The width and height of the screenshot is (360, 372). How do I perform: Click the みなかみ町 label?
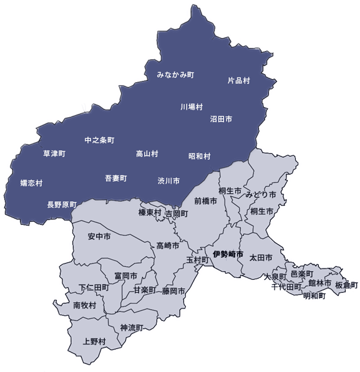click(175, 75)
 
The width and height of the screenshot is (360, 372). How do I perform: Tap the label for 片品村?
click(238, 81)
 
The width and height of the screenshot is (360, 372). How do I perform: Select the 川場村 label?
click(192, 107)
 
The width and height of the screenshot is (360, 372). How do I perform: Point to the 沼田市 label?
click(221, 118)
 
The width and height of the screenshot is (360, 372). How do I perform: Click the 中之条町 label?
click(99, 140)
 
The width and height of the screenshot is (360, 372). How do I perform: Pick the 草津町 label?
click(54, 153)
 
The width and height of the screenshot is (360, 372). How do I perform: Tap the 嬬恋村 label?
click(31, 183)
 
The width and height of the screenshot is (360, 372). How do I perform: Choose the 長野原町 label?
click(62, 204)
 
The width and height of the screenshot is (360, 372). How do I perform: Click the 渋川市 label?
click(168, 181)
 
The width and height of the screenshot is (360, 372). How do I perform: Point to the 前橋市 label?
click(205, 201)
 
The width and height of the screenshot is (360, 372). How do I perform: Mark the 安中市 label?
click(99, 237)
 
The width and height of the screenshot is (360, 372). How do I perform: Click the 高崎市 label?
click(168, 245)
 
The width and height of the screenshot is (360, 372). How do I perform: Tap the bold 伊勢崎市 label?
click(228, 254)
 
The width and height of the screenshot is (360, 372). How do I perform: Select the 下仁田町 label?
click(94, 288)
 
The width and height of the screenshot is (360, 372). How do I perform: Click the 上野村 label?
click(94, 341)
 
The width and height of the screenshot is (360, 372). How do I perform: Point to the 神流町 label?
click(132, 328)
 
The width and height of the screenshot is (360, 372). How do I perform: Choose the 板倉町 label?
click(347, 285)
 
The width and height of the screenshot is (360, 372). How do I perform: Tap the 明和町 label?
click(314, 296)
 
